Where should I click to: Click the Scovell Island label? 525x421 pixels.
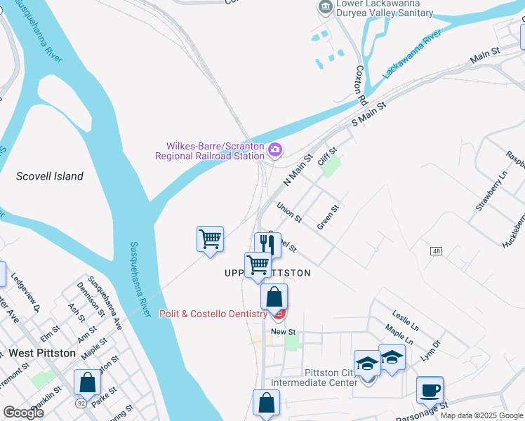(50, 176)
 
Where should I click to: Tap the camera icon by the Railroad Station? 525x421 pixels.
(275, 149)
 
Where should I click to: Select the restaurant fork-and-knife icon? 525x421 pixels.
(267, 243)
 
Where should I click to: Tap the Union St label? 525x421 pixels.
(288, 213)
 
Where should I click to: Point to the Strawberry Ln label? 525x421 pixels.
(491, 190)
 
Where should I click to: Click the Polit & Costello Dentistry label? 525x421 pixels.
(213, 314)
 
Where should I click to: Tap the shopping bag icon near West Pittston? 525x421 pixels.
(88, 382)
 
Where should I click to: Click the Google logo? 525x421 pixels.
(23, 413)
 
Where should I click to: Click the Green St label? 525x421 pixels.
(328, 210)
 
